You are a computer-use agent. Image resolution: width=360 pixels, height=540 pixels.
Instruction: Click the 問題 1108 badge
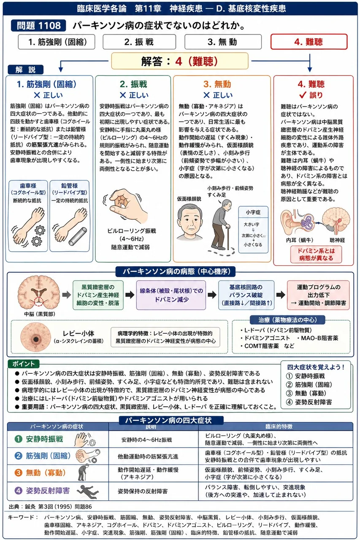click(38, 26)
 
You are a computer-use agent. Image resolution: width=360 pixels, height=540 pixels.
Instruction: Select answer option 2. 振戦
click(139, 42)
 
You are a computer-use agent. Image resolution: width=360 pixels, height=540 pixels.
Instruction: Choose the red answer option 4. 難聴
click(309, 42)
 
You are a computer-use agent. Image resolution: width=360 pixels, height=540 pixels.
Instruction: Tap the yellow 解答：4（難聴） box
click(180, 61)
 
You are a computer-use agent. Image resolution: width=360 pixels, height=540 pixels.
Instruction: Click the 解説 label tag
click(26, 70)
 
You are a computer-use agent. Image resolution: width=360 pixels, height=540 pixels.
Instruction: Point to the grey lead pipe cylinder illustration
click(78, 237)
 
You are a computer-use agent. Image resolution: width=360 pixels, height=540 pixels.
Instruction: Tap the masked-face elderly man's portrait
click(190, 222)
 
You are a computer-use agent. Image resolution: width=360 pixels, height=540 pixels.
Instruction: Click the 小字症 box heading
click(253, 212)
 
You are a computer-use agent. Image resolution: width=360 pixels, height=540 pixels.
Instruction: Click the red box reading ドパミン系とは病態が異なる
click(316, 254)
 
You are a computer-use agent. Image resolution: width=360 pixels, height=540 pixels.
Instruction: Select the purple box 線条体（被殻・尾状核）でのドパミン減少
click(171, 295)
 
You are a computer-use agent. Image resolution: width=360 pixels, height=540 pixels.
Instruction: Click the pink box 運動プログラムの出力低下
click(318, 295)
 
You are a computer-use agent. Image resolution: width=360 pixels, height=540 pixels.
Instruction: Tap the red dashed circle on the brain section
click(38, 302)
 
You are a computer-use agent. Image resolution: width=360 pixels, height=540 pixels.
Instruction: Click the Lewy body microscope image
click(36, 338)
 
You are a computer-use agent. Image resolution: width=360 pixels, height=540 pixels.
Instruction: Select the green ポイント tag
click(23, 364)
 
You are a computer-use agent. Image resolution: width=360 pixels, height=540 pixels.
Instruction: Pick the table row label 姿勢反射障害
click(48, 491)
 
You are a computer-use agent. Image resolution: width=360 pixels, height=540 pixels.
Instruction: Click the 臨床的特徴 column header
click(279, 427)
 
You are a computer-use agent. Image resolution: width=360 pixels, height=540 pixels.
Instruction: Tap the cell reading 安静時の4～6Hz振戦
click(146, 440)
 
